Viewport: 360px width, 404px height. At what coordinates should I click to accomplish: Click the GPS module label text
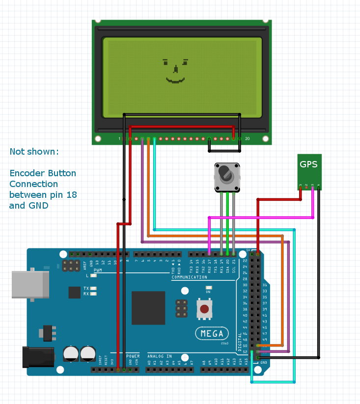click(309, 164)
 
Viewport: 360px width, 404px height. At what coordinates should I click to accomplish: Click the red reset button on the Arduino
click(204, 309)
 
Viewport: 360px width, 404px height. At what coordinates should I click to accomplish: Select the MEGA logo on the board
click(212, 334)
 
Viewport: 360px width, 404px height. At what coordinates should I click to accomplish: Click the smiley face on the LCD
click(175, 71)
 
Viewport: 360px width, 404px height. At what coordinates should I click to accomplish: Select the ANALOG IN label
click(160, 356)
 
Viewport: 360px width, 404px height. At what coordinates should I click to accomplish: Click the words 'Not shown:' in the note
click(34, 152)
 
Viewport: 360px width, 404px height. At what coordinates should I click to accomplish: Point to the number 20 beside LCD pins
click(248, 139)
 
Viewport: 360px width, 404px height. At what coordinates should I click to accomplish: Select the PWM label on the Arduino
click(98, 270)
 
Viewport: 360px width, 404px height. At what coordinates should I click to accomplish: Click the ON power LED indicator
click(208, 288)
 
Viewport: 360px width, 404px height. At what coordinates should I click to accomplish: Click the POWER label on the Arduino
click(133, 356)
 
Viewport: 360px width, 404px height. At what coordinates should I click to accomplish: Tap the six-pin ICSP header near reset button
click(181, 308)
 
